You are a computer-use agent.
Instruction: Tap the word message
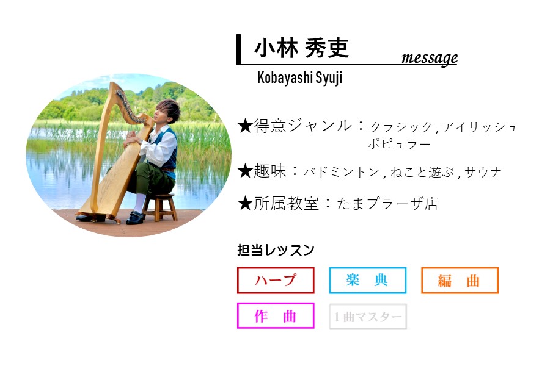[x=429, y=57]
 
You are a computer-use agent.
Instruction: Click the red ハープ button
[x=276, y=281]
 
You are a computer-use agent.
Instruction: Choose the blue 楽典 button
[x=367, y=281]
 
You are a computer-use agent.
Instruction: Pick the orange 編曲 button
[x=460, y=281]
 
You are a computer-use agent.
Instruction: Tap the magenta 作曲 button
[x=276, y=316]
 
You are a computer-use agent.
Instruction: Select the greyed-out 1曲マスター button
[x=368, y=317]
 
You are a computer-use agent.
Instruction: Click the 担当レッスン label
[x=276, y=250]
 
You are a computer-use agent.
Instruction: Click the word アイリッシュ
[x=480, y=127]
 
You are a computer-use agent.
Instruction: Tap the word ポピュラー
[x=399, y=144]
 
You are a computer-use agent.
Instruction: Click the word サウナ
[x=483, y=173]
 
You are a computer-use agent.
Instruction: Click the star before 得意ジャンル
[x=245, y=126]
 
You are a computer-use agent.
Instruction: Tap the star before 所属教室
[x=245, y=204]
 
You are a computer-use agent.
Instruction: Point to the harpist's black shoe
[x=135, y=218]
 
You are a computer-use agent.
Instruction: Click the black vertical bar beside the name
[x=239, y=49]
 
